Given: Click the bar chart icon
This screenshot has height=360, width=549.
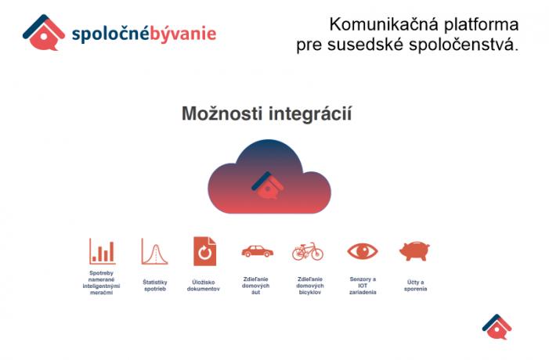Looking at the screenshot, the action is tap(103, 251).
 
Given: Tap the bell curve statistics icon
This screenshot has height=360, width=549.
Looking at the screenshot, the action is tap(154, 251).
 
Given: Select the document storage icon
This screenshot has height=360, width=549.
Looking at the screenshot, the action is tap(205, 251).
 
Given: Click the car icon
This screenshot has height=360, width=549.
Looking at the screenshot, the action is tap(258, 251).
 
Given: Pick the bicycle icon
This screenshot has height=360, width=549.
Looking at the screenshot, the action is tap(308, 251).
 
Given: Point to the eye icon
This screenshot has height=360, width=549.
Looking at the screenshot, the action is tap(363, 251).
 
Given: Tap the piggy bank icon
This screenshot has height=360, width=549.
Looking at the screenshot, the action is tap(414, 250).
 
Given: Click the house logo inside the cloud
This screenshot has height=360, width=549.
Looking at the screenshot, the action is tap(268, 185).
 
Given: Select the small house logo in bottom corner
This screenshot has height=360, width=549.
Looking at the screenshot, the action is tap(497, 327).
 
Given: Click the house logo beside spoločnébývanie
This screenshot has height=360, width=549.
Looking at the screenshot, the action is tap(44, 33).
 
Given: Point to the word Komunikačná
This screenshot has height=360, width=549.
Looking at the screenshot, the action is tap(384, 25).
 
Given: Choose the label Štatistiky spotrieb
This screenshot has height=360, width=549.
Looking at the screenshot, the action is tap(155, 286).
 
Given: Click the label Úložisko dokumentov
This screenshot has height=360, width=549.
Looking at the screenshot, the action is tap(204, 286).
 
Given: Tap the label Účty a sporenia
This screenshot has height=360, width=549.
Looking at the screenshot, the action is tap(416, 286).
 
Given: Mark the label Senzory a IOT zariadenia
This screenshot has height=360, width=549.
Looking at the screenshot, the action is tap(363, 286).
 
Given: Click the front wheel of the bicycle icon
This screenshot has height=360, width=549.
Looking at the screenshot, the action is tap(317, 254).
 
